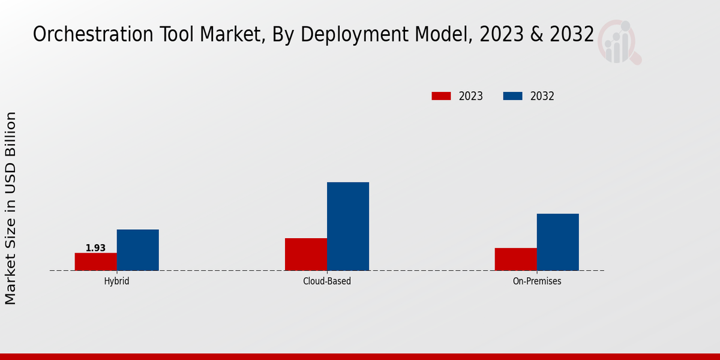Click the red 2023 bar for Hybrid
(x=96, y=262)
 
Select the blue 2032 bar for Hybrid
(x=138, y=250)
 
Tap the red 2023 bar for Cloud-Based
(x=306, y=254)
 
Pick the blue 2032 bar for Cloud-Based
(x=348, y=226)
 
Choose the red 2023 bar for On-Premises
(x=516, y=259)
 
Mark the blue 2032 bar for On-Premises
(x=558, y=242)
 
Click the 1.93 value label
(x=95, y=248)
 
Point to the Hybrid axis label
(x=116, y=281)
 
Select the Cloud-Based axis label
(x=327, y=281)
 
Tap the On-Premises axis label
(x=537, y=281)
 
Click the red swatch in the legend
(x=441, y=96)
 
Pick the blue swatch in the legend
(x=512, y=96)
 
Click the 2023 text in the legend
(x=471, y=96)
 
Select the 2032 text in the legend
(x=542, y=96)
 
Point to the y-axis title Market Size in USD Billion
(x=11, y=208)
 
